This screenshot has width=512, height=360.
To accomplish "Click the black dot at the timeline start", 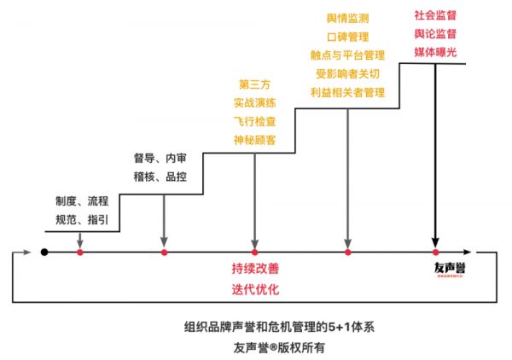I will (45, 253).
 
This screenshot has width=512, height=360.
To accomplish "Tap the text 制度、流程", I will (82, 201).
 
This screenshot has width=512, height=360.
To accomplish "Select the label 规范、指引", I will (82, 220).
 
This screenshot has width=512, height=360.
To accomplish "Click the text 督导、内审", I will (160, 159).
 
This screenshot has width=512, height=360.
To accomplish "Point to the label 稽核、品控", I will (160, 177).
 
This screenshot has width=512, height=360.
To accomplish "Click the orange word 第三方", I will (255, 84).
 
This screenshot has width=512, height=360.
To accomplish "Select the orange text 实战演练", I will (255, 102).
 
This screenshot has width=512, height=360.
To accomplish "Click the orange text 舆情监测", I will (347, 18).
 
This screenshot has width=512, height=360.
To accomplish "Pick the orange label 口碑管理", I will (347, 37).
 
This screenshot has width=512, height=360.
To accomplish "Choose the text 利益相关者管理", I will (347, 91).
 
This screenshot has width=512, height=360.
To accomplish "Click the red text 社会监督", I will (435, 15).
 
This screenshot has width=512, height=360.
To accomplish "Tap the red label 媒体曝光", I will (435, 52).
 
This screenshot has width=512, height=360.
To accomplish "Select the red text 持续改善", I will (255, 269).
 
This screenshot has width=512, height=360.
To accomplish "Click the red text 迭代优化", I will (255, 288).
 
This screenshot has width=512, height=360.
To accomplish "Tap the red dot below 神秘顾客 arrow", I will (255, 253).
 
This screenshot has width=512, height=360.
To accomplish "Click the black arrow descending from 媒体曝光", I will (435, 154).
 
